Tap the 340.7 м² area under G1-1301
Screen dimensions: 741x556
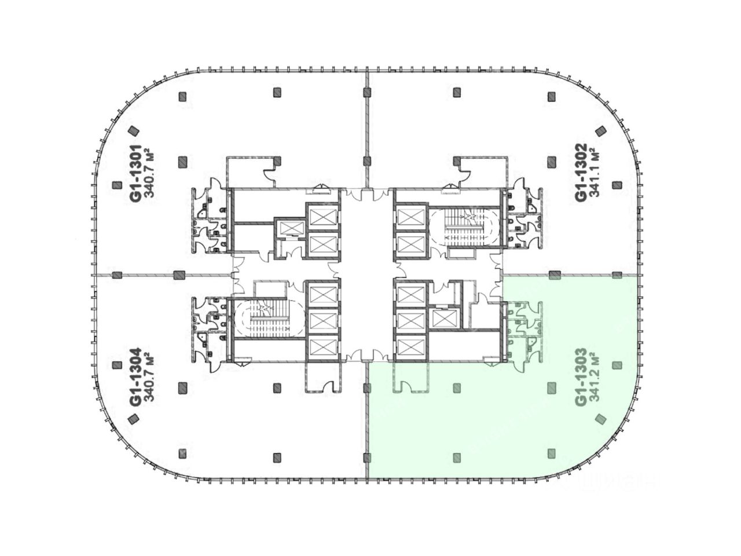click(149, 172)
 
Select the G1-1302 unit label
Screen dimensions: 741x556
click(582, 173)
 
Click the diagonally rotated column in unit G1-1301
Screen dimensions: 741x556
click(134, 131)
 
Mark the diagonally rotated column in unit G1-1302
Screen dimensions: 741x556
click(600, 131)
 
